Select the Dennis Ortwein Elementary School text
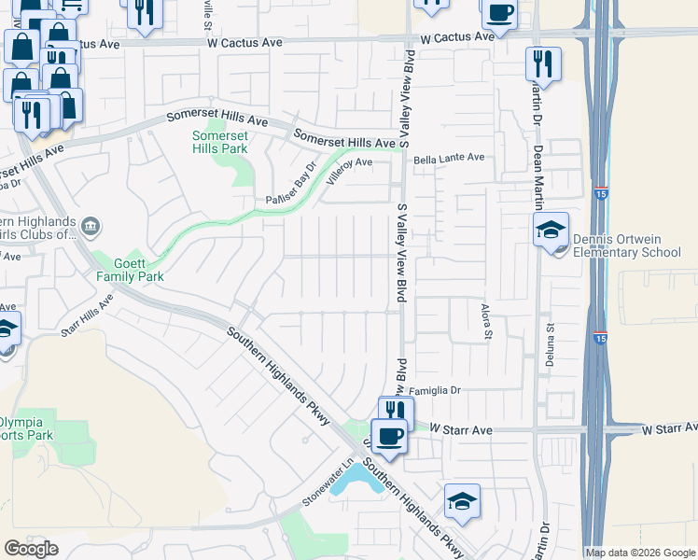[627, 245]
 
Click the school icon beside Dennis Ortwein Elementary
[551, 230]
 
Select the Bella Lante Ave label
[450, 159]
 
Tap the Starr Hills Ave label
[86, 314]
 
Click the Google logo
[31, 549]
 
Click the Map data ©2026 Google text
[641, 553]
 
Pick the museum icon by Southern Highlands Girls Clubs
[91, 227]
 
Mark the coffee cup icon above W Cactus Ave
[499, 12]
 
